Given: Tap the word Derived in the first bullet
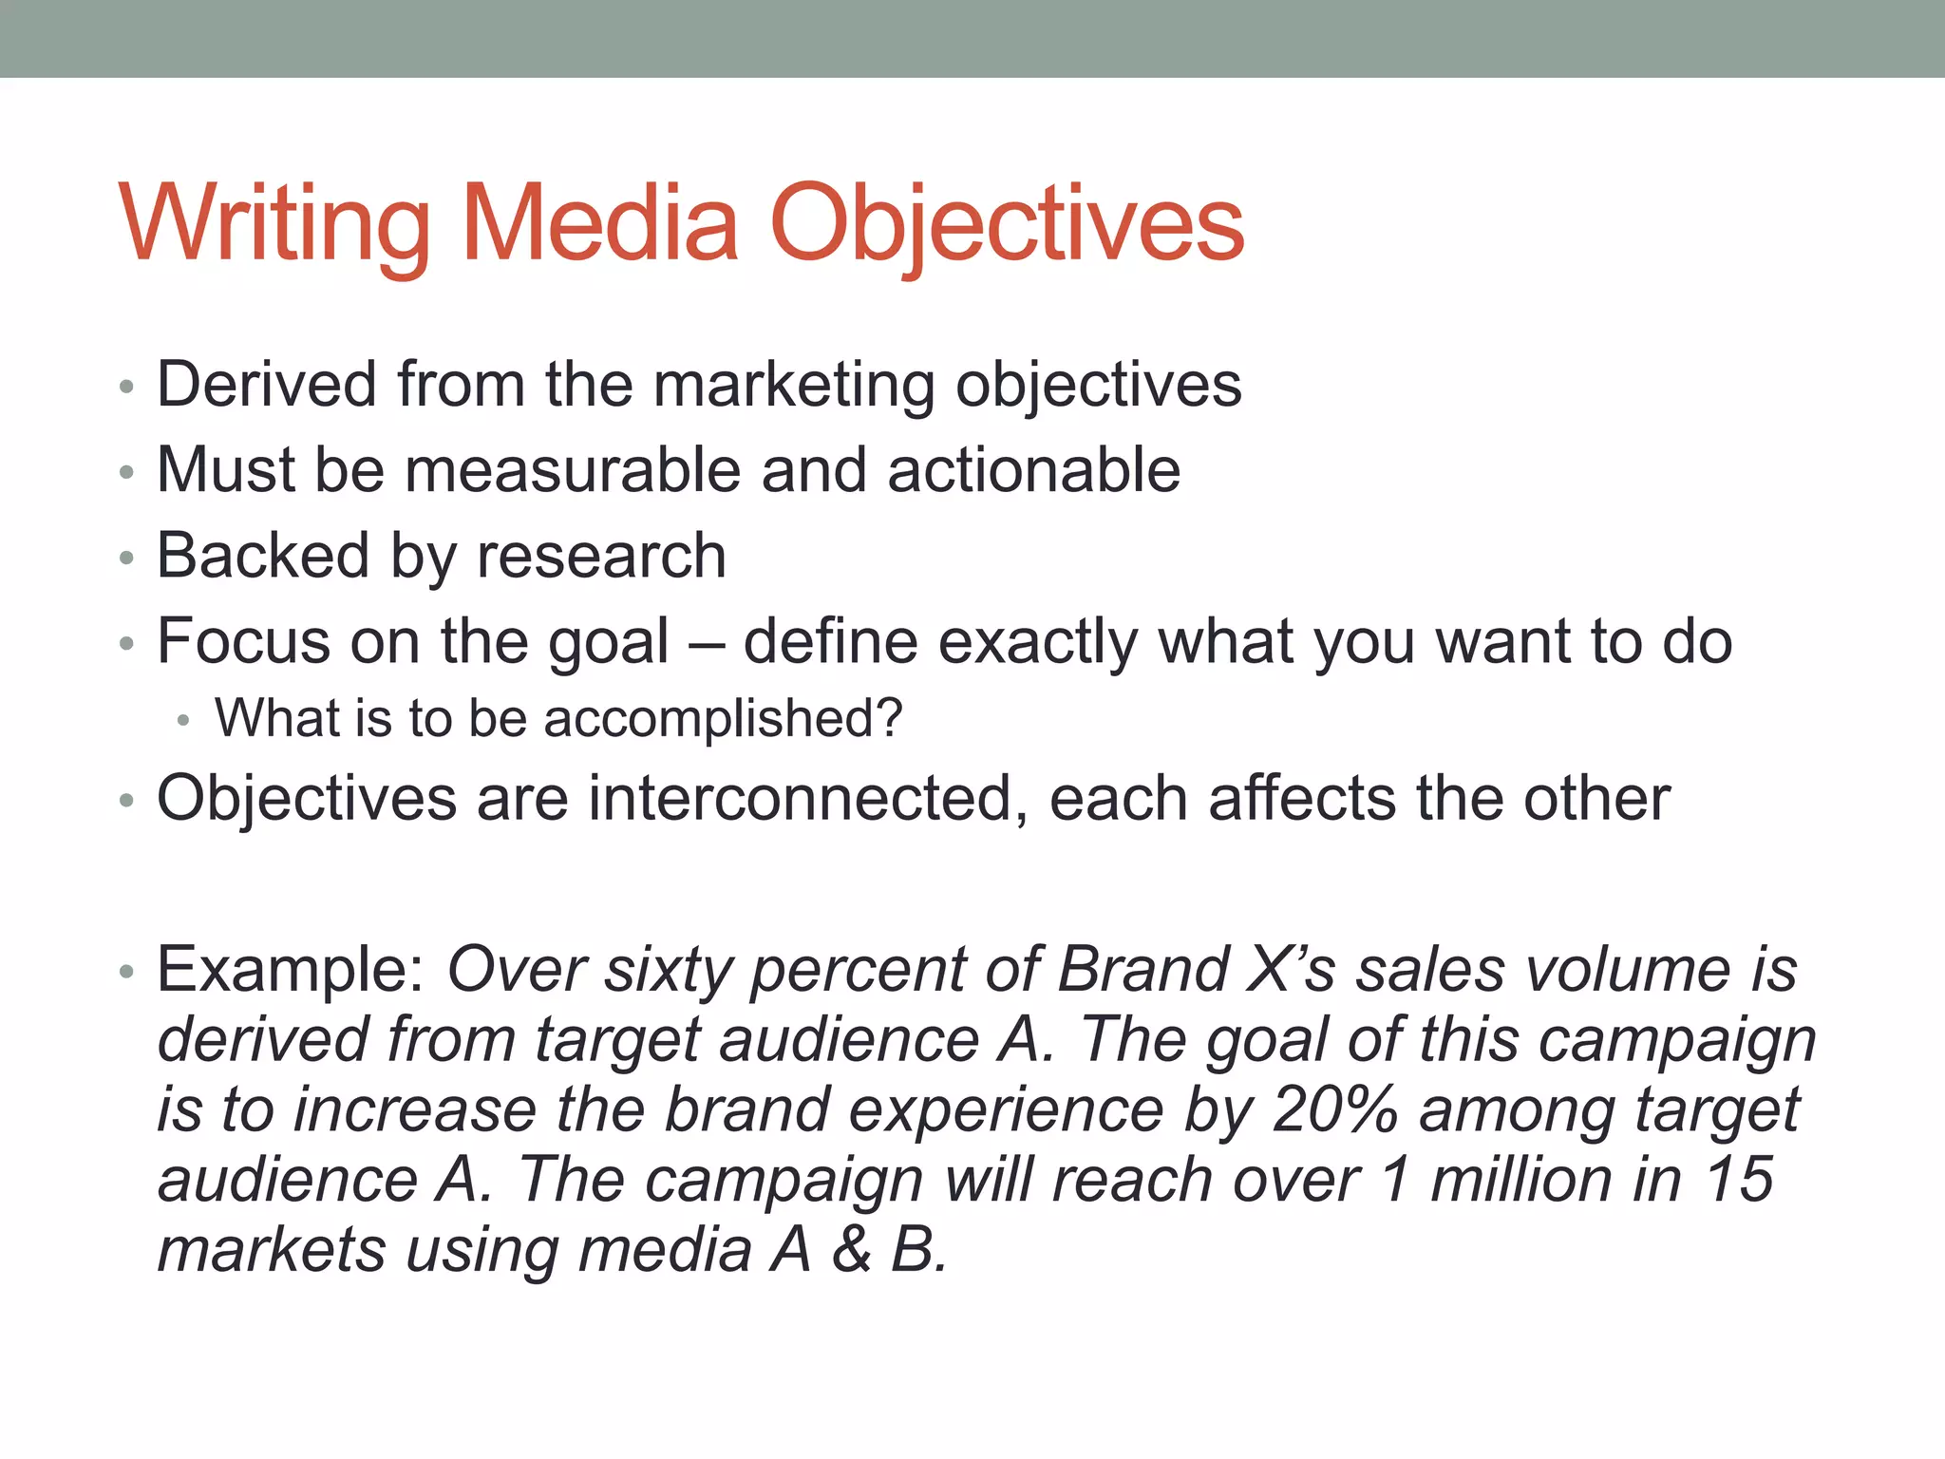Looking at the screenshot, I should point(267,385).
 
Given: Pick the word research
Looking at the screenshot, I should point(601,557).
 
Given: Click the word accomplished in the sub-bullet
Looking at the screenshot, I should point(722,719).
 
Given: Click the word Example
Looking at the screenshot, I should point(290,971).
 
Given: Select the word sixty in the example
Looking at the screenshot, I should point(665,971).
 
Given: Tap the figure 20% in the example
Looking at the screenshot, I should point(1334,1109).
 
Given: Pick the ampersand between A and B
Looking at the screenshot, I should point(852,1250).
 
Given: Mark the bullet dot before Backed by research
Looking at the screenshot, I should point(127,559).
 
